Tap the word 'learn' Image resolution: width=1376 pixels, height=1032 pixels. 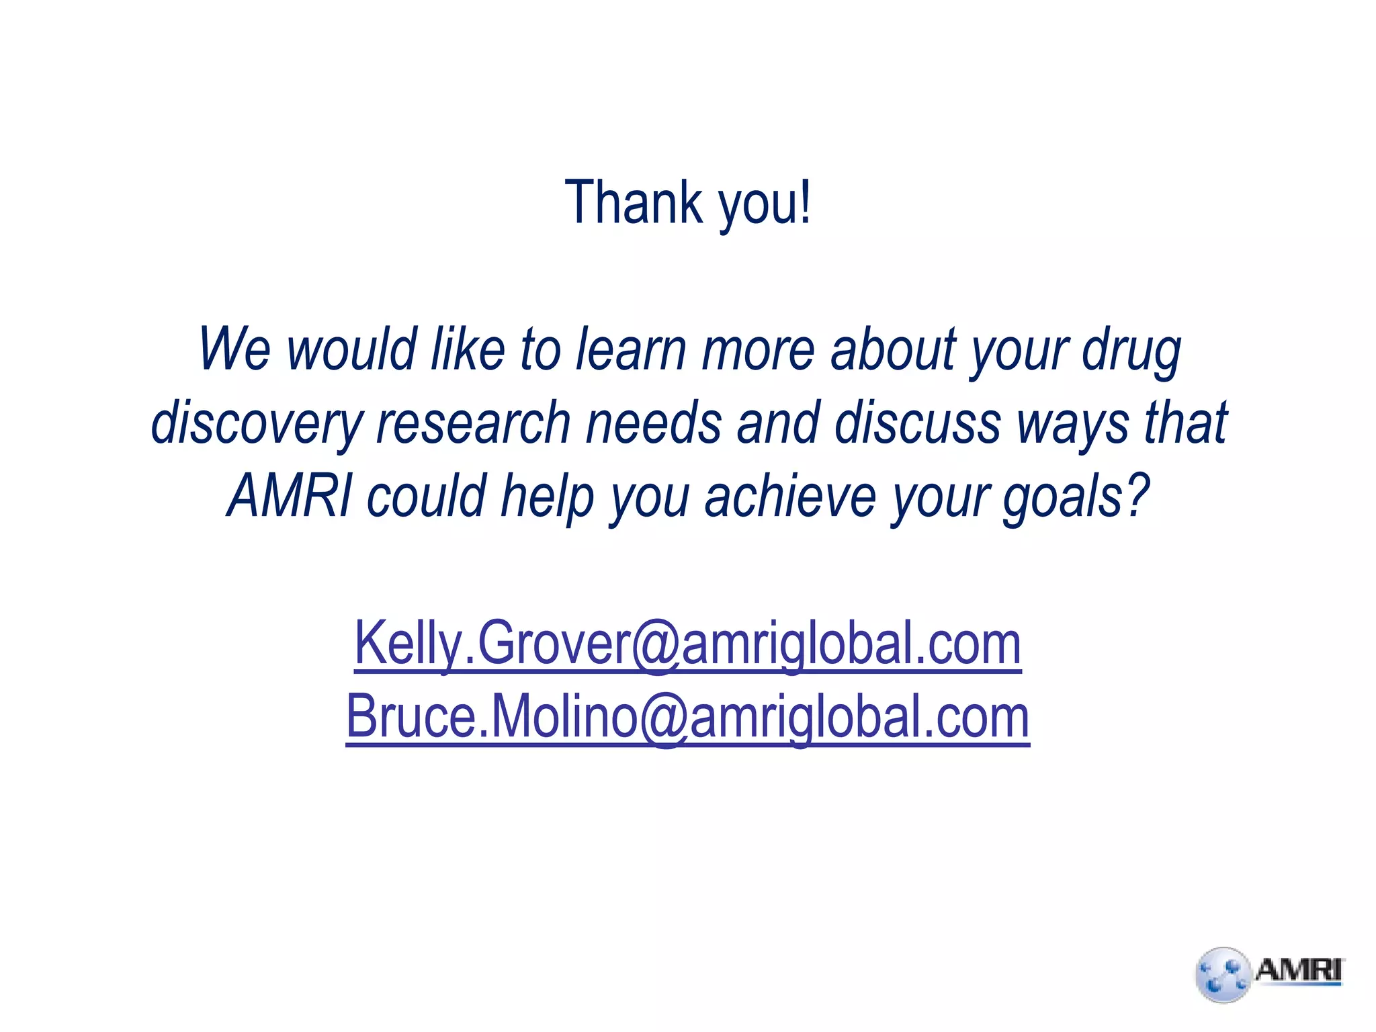631,349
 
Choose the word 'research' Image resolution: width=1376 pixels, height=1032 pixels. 473,422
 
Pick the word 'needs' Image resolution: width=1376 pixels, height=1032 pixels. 653,422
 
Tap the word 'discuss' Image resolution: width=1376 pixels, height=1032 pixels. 917,422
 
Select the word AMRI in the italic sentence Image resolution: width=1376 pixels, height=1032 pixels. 290,495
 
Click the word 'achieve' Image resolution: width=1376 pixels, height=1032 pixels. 790,495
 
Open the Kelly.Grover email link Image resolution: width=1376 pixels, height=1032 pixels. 687,644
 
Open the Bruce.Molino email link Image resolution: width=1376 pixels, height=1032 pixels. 687,717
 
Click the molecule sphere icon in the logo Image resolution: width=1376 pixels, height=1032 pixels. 1223,975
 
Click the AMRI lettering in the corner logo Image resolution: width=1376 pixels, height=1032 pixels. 1298,971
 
